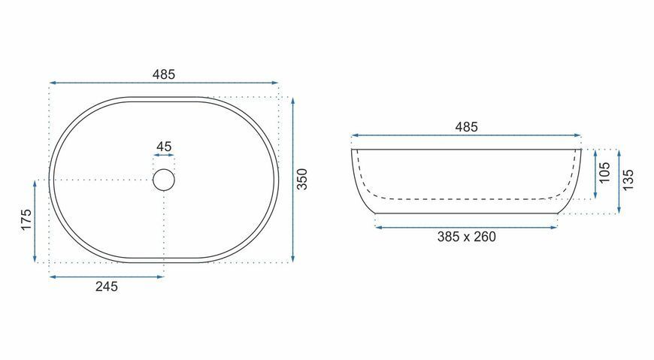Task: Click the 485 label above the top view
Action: click(x=164, y=74)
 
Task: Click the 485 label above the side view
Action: click(x=466, y=127)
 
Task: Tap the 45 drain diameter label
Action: click(x=164, y=147)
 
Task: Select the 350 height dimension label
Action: click(x=301, y=179)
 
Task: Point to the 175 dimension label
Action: click(x=26, y=219)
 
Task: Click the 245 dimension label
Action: click(x=106, y=286)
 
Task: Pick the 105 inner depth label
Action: click(x=604, y=173)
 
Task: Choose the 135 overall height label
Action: click(x=628, y=180)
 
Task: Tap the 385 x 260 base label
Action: click(x=466, y=237)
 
